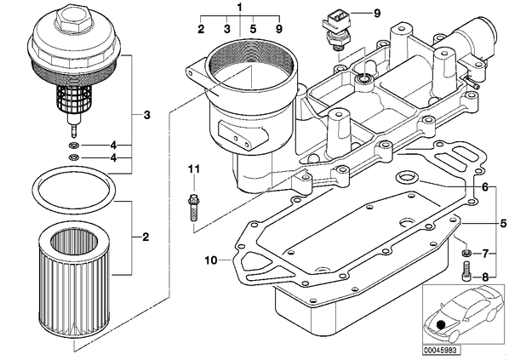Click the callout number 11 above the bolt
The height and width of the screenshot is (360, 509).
(x=194, y=169)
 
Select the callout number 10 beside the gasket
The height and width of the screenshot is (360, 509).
(x=211, y=260)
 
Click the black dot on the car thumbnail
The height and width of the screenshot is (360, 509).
(x=441, y=324)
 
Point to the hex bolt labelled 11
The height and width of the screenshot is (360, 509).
(x=194, y=207)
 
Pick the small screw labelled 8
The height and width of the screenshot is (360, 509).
(x=466, y=271)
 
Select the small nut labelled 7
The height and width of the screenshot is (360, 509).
(x=466, y=253)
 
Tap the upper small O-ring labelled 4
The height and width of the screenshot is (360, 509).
(x=74, y=145)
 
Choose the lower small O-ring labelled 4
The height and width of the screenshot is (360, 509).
(x=74, y=157)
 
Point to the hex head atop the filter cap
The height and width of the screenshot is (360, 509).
(x=71, y=16)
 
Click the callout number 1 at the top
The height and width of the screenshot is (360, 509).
(x=239, y=7)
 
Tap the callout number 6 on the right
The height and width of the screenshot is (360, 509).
(x=484, y=187)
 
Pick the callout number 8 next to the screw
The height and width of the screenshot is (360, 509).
(x=484, y=277)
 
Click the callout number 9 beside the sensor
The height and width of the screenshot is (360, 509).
(x=376, y=14)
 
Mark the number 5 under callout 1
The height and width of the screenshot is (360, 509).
(x=253, y=29)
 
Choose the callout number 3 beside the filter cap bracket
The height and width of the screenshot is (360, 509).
(x=146, y=115)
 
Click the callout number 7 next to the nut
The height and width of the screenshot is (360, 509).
(x=484, y=254)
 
